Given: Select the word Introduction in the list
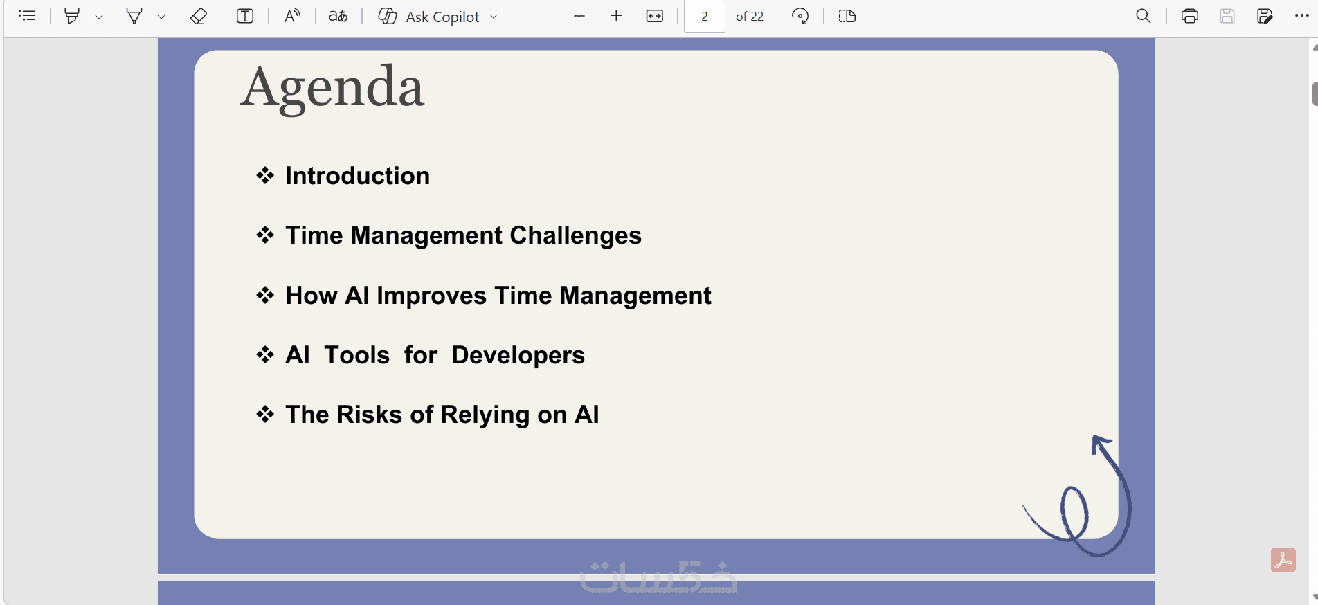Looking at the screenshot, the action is click(x=357, y=176).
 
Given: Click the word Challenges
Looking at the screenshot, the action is click(x=575, y=236).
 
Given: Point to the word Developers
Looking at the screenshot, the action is click(x=518, y=356).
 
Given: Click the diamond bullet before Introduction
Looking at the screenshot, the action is click(x=265, y=176).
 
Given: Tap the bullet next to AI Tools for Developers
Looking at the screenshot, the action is click(x=265, y=355).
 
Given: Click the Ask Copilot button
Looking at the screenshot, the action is click(x=437, y=17).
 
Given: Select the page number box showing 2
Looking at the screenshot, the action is click(x=704, y=17).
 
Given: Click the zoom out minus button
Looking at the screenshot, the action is click(x=579, y=17).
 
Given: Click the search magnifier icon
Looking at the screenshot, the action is click(x=1143, y=17).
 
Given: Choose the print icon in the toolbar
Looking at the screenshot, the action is click(x=1189, y=17).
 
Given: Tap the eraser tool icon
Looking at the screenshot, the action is click(x=198, y=17).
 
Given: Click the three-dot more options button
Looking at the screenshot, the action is click(x=1301, y=16).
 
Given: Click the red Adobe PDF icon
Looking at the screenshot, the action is click(x=1283, y=560).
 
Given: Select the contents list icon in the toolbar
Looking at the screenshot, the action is click(x=27, y=17).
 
